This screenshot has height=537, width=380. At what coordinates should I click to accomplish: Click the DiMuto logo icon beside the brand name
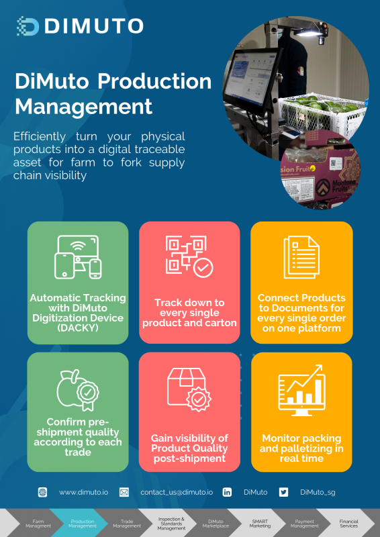(28, 26)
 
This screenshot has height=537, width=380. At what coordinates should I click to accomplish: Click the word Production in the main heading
(154, 81)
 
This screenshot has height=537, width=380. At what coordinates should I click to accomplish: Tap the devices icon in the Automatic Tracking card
(78, 257)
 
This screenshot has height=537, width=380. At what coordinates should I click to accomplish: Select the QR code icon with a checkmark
(189, 256)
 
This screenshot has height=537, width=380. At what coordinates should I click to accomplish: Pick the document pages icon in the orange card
(301, 257)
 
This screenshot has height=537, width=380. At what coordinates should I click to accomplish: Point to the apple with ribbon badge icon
(78, 390)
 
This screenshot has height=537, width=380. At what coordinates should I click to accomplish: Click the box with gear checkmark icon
(189, 390)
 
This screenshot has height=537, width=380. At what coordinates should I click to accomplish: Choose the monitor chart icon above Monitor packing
(301, 390)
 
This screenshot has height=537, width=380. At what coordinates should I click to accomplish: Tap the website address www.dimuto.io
(84, 492)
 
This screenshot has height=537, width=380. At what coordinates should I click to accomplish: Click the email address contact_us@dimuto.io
(177, 492)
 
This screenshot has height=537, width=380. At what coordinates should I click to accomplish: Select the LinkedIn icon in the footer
(227, 492)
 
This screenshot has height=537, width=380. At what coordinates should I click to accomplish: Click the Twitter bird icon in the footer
(283, 492)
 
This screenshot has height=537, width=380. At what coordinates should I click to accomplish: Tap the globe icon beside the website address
(42, 492)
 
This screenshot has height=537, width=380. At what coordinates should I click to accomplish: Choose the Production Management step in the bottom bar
(82, 524)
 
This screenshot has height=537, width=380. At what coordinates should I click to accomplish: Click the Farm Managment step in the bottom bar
(38, 524)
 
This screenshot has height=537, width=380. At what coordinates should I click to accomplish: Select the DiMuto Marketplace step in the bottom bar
(216, 524)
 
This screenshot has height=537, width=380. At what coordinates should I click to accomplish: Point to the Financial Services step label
(349, 524)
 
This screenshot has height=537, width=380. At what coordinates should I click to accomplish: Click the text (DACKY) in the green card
(78, 328)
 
